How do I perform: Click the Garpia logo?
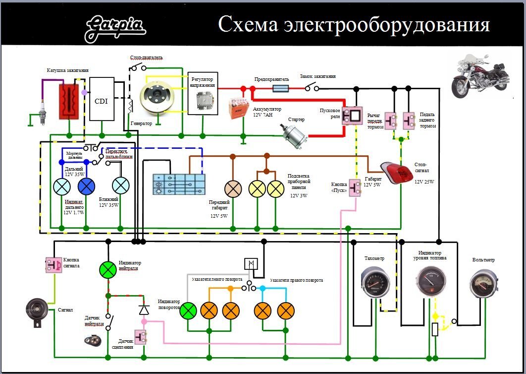115,28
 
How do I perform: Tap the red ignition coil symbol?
69,101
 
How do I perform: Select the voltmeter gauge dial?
482,285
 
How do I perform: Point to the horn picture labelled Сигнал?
36,311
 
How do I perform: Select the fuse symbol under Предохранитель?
282,88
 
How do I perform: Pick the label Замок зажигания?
317,76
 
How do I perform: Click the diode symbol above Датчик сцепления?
144,310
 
